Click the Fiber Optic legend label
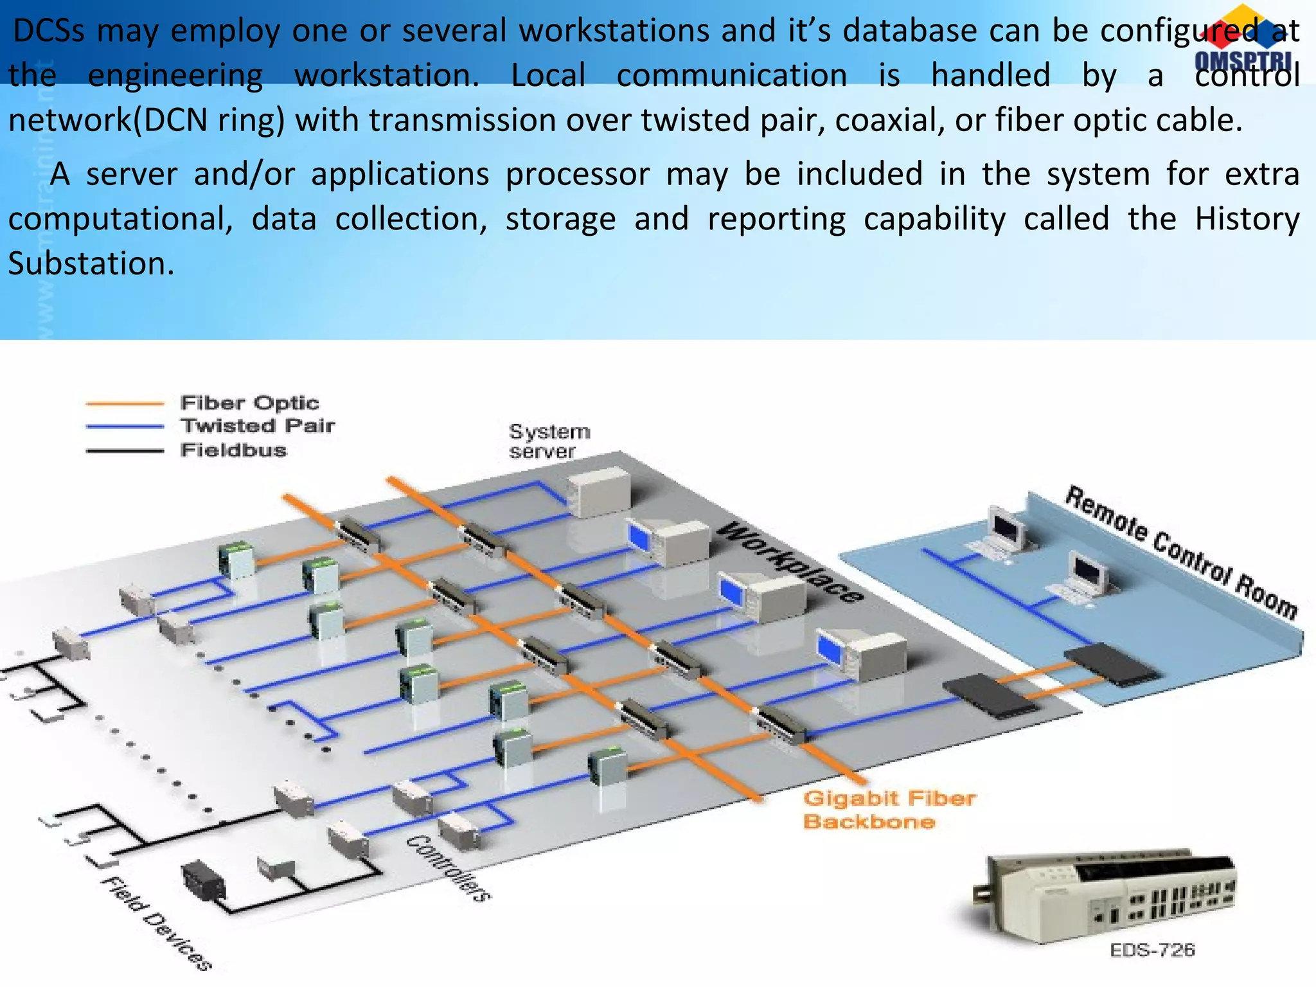click(x=249, y=403)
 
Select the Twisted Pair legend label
click(x=258, y=425)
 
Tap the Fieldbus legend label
click(x=233, y=450)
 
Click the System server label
click(x=549, y=441)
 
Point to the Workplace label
click(x=790, y=564)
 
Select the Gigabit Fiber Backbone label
click(x=889, y=810)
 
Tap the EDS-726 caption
click(x=1151, y=950)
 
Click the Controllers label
click(x=448, y=867)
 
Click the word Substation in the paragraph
click(x=91, y=263)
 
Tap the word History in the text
click(x=1247, y=218)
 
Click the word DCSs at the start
click(x=49, y=31)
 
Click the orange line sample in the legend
click(x=125, y=404)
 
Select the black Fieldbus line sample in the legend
click(x=125, y=450)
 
